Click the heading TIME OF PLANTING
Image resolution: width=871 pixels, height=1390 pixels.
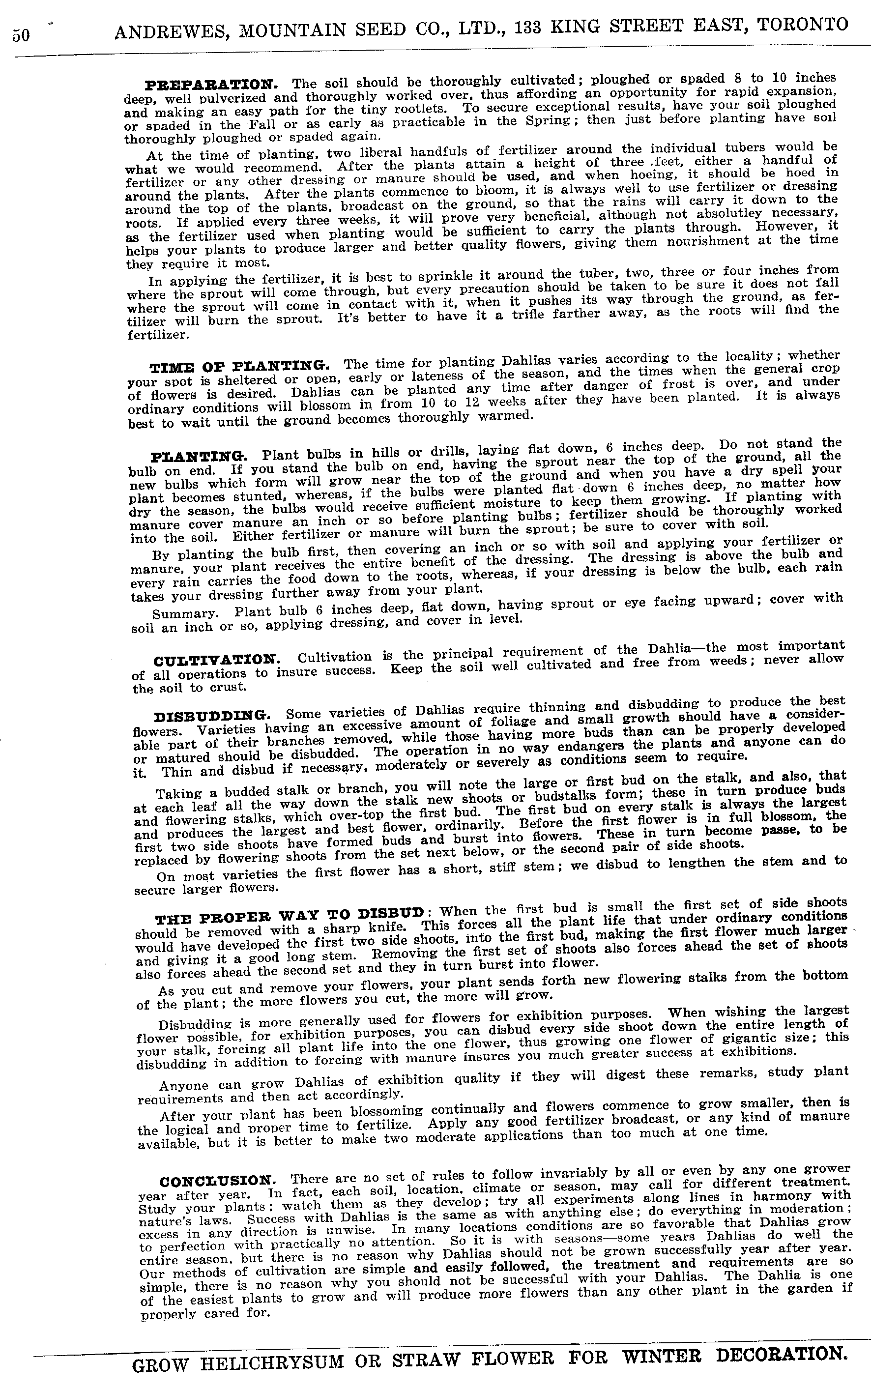[x=240, y=366]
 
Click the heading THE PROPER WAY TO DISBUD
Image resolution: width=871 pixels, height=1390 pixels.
[x=291, y=914]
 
